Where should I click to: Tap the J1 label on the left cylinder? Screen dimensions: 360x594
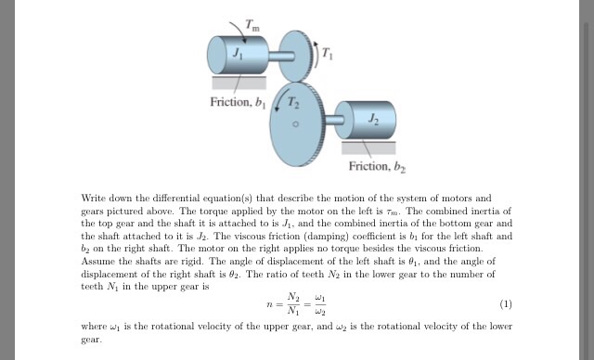(x=238, y=57)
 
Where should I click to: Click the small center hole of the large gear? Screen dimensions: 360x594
(x=296, y=122)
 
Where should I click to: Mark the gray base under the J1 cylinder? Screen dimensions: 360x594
(x=239, y=83)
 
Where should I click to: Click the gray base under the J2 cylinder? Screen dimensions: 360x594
(x=369, y=146)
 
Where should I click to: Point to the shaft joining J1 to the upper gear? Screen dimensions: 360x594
(x=275, y=56)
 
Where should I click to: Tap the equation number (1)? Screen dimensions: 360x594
(x=505, y=303)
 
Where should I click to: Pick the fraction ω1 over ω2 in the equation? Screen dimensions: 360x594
(x=317, y=304)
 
